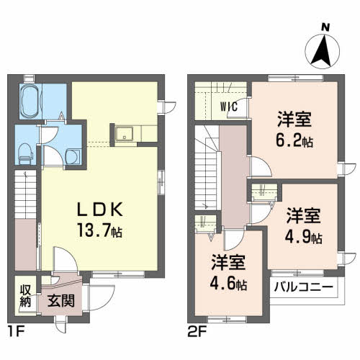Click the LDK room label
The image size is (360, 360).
99,210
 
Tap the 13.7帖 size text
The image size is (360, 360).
99,230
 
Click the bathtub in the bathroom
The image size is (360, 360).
31,101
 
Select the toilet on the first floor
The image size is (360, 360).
25,154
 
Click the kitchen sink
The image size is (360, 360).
124,134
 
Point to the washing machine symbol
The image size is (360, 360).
73,156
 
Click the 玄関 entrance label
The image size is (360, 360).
61,301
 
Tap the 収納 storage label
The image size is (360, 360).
25,296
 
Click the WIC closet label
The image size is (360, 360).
229,107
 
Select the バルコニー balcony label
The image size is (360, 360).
304,287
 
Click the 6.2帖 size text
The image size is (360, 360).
294,140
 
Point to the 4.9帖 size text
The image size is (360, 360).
303,238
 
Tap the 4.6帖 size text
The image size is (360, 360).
228,284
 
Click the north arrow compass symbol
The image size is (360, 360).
322,51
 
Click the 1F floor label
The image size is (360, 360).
16,332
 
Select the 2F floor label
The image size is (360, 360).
197,332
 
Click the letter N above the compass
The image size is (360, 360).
325,28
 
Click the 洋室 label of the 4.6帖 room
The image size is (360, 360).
228,263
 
